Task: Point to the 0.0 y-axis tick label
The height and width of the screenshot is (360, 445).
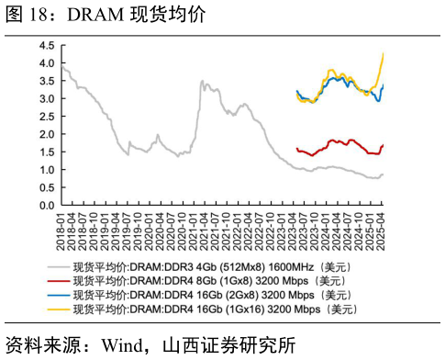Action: click(x=46, y=205)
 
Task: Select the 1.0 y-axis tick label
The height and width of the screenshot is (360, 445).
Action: click(x=46, y=170)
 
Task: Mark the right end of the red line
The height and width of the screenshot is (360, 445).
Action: click(x=383, y=145)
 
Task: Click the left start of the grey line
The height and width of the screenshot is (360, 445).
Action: click(x=61, y=67)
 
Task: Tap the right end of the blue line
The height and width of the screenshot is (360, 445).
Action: click(x=383, y=85)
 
